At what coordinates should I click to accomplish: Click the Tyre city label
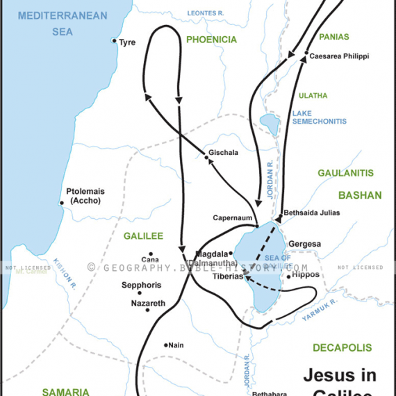[x=127, y=42]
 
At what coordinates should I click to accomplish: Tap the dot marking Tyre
[x=115, y=41]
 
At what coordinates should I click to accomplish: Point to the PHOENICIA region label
[x=211, y=40]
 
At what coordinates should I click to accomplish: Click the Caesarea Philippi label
[x=339, y=56]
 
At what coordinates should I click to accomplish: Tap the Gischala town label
[x=223, y=152]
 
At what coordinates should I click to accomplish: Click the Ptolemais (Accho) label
[x=83, y=196]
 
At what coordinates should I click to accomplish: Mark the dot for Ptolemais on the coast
[x=61, y=203]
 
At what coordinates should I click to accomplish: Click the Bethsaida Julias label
[x=311, y=213]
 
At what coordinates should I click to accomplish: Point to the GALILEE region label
[x=143, y=236]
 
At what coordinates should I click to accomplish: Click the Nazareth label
[x=148, y=304]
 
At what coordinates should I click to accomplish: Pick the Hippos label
[x=306, y=274]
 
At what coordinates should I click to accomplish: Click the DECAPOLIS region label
[x=342, y=347]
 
